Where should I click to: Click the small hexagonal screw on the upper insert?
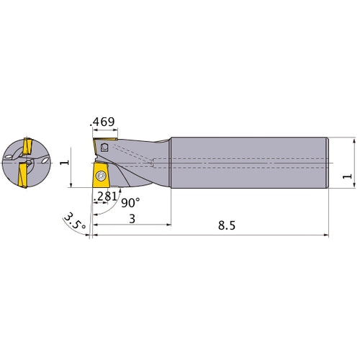click(x=105, y=147)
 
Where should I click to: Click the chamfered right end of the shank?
click(x=328, y=162)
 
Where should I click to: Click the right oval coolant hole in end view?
click(x=45, y=163)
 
